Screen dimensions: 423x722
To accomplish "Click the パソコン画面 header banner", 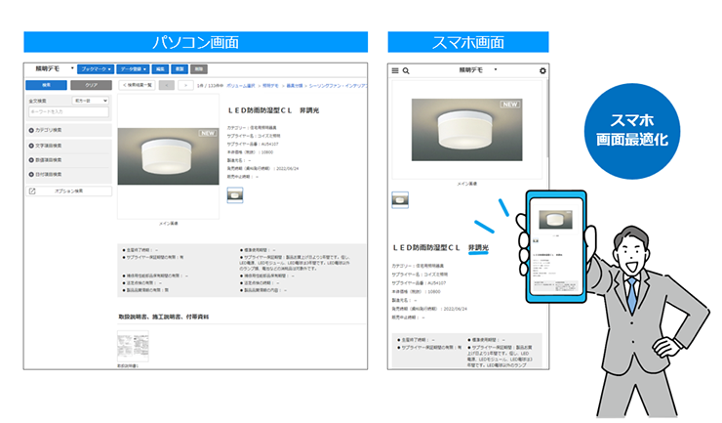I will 195,42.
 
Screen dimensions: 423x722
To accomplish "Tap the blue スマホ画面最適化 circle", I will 631,130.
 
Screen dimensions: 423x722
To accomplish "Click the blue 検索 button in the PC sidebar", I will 46,85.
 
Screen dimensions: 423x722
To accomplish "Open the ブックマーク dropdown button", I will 95,69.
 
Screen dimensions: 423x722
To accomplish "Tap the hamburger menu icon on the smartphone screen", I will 395,70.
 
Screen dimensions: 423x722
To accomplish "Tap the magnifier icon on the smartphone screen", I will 406,70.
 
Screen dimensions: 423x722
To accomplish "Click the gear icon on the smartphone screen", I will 543,70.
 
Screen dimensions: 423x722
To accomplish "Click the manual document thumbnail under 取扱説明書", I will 127,347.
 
